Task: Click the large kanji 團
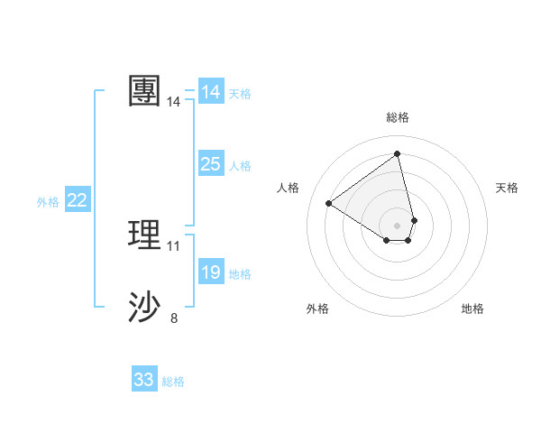pos(144,91)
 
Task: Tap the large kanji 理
pos(144,235)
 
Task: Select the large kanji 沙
pos(144,308)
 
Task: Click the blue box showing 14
pos(211,92)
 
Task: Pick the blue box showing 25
pos(211,164)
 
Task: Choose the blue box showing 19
pos(211,272)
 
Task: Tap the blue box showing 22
pos(78,200)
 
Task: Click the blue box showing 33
pos(144,380)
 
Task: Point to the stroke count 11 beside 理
pos(174,245)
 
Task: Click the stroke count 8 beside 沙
pos(174,318)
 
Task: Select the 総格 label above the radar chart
pos(398,117)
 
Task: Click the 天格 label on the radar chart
pos(508,188)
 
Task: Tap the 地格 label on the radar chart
pos(472,309)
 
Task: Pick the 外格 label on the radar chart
pos(317,309)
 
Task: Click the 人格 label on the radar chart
pos(288,188)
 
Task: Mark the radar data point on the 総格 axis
pos(398,153)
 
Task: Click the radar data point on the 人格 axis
pos(328,203)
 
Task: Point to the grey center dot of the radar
pos(398,225)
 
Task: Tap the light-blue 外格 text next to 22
pos(48,202)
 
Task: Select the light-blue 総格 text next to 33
pos(173,382)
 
